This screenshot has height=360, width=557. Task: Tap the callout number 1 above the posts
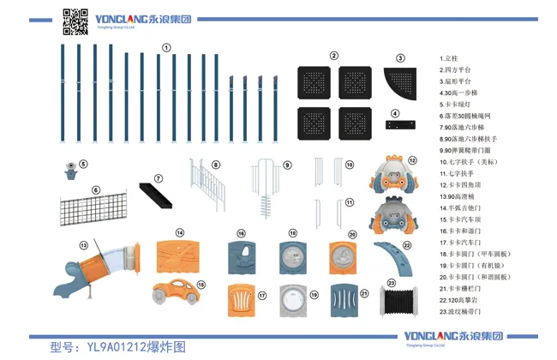point(166,48)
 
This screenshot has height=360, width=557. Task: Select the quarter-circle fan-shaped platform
point(399,86)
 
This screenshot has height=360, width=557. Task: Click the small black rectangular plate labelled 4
point(400,125)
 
